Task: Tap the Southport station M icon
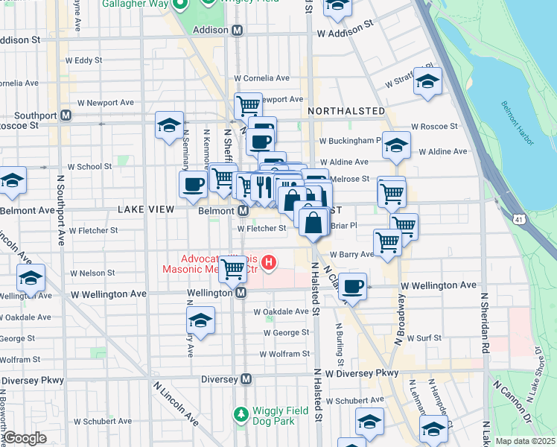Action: pos(66,115)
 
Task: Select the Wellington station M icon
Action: pos(241,294)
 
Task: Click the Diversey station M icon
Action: pos(246,379)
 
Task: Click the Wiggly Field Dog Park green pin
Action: pos(241,413)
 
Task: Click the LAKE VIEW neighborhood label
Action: pos(145,210)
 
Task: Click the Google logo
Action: pos(25,438)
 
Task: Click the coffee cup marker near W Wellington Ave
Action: pos(354,285)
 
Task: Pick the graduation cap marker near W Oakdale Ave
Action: pos(200,320)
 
